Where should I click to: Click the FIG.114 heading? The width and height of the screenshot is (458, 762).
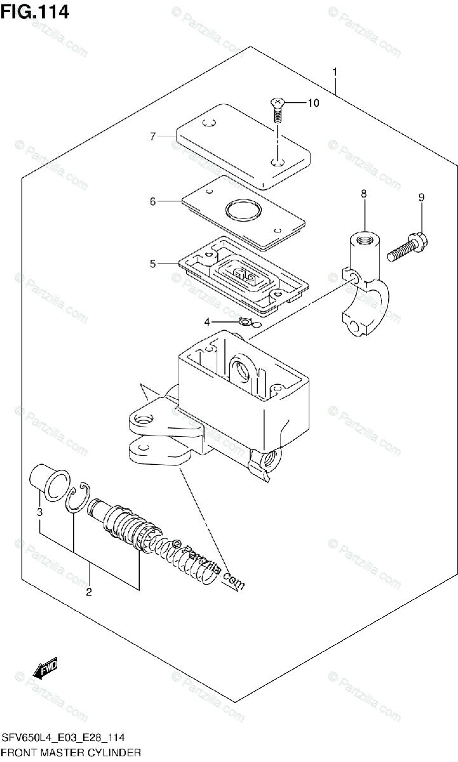point(35,13)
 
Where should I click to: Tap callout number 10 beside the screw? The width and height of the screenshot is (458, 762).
point(313,103)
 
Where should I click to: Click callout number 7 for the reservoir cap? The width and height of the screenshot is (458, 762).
point(153,137)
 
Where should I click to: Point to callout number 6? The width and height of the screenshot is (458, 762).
point(153,201)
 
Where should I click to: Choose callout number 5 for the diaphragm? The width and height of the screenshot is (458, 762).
point(153,264)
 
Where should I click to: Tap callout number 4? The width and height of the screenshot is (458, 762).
point(207,322)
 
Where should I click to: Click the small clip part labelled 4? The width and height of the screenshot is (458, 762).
point(246,321)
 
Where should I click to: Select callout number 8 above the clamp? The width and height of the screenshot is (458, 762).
point(364,194)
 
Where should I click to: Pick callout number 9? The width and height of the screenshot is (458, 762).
point(422,197)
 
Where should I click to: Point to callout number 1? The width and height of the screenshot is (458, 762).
point(335,72)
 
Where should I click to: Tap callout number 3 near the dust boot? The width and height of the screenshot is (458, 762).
point(40,512)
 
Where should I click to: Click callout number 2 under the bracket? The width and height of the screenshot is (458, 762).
point(89,592)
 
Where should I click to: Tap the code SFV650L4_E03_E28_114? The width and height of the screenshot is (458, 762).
point(64,737)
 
